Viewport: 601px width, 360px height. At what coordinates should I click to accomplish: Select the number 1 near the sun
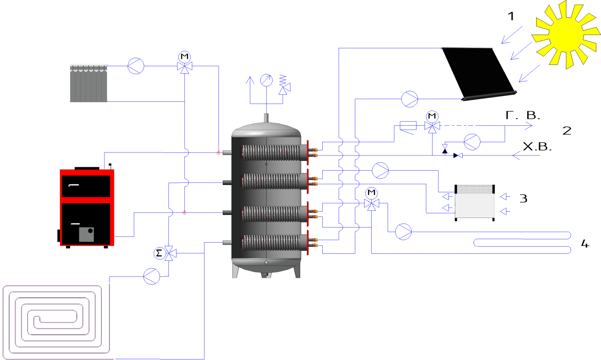tap(511, 16)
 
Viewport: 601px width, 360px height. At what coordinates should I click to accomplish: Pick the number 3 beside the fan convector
tap(523, 198)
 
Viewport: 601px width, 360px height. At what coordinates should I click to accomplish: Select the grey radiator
tap(89, 83)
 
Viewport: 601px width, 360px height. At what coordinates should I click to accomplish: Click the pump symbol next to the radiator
tap(135, 66)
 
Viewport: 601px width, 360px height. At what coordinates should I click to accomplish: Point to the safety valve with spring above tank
tap(282, 85)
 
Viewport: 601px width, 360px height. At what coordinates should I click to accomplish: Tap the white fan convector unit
tap(474, 203)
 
